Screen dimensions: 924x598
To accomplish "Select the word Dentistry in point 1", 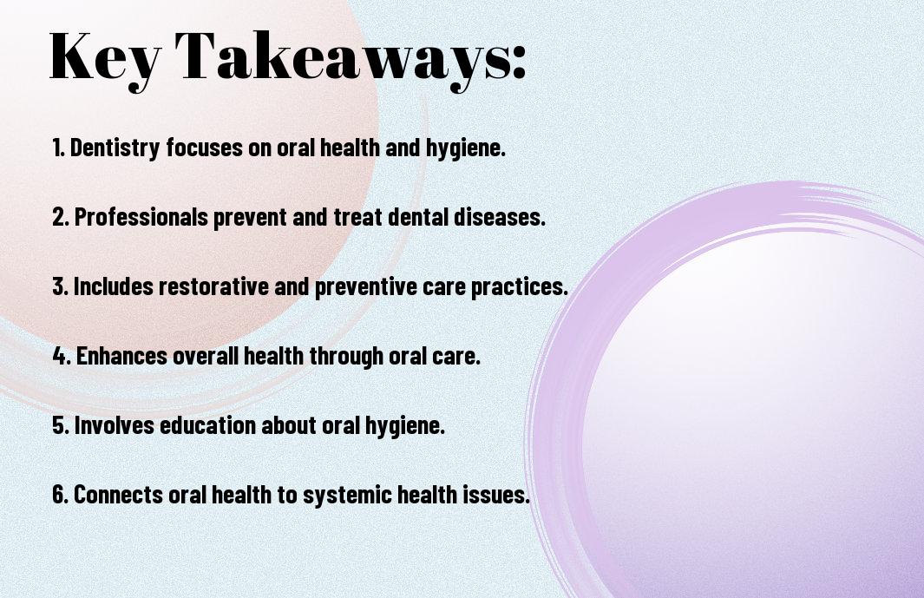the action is [x=115, y=148].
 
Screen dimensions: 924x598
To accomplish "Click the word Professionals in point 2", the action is [x=141, y=217].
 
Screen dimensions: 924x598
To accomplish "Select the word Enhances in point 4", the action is [x=122, y=356].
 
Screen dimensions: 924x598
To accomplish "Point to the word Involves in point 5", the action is [x=115, y=425].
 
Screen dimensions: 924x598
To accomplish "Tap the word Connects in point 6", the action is [x=118, y=495].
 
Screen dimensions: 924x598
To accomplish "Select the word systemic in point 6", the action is [x=347, y=496].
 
